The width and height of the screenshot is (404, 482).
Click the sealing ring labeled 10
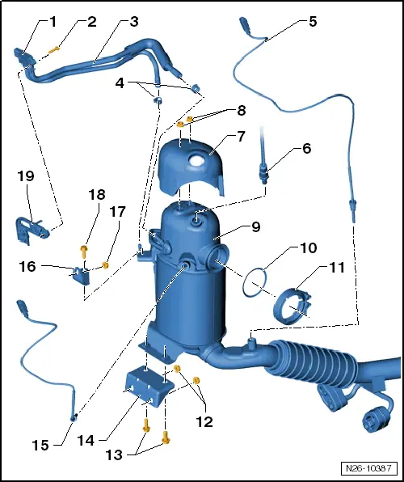click(256, 280)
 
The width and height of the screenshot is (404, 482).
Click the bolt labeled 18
click(82, 250)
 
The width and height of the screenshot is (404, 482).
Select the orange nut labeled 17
click(106, 264)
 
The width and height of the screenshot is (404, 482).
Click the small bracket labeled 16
click(81, 275)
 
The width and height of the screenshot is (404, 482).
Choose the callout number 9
click(255, 227)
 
